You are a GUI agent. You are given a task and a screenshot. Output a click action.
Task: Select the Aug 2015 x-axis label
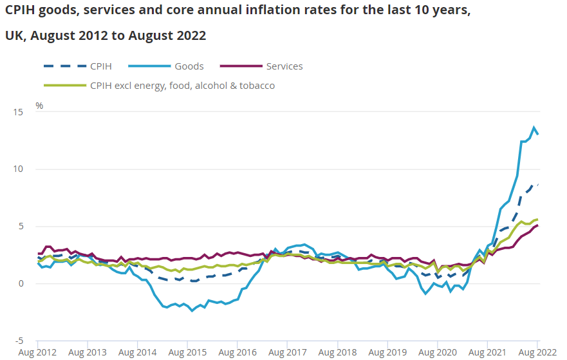pyautogui.click(x=188, y=353)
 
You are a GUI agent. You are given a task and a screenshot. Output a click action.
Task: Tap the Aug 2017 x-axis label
pyautogui.click(x=288, y=353)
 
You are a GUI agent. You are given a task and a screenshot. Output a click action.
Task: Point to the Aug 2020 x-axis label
pyautogui.click(x=438, y=353)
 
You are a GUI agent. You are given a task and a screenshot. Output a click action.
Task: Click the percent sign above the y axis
pyautogui.click(x=39, y=106)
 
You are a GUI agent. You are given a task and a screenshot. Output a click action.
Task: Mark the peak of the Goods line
pyautogui.click(x=534, y=127)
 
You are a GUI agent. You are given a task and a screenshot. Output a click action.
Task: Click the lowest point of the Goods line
pyautogui.click(x=192, y=311)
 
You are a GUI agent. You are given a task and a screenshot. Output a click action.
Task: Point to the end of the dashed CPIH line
pyautogui.click(x=538, y=184)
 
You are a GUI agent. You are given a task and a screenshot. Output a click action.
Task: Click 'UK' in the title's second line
pyautogui.click(x=14, y=36)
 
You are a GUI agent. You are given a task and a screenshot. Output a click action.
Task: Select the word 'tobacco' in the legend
pyautogui.click(x=256, y=85)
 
